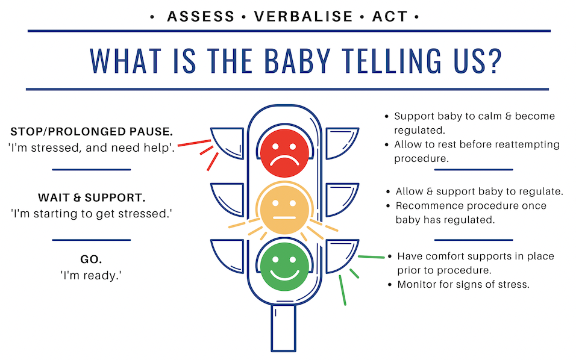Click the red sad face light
pos(285,153)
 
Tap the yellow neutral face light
pos(285,210)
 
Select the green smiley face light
pos(285,267)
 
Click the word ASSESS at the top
pos(201,16)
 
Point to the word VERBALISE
pos(304,16)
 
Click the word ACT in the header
pos(390,16)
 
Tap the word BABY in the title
pos(298,61)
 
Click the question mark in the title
pos(495,61)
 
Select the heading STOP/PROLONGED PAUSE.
pos(92,131)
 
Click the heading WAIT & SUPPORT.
pos(92,197)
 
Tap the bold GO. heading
pos(91,259)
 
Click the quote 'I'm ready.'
pos(91,275)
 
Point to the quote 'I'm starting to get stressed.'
pos(92,214)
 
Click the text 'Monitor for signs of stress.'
pos(463,284)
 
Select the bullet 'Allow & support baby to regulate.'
pos(480,191)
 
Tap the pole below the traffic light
pos(283,327)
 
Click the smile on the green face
pos(285,275)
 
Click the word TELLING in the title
pos(392,61)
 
